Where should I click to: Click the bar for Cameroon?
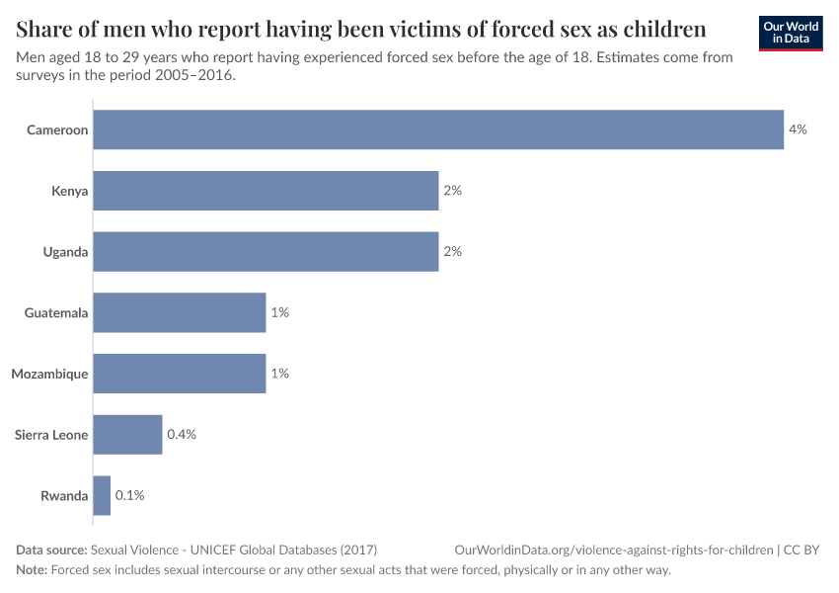[x=438, y=129]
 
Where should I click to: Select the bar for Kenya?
[x=266, y=191]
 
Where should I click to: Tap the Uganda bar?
[x=266, y=252]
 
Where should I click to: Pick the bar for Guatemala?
[x=180, y=312]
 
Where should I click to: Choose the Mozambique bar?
[x=180, y=374]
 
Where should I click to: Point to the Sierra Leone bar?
[x=127, y=435]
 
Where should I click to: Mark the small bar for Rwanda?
[x=102, y=495]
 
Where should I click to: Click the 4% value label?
[x=798, y=129]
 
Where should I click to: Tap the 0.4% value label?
[x=183, y=435]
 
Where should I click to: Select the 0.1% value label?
[x=130, y=495]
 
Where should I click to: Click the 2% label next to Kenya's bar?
[x=452, y=191]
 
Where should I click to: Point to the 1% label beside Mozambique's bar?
[x=279, y=374]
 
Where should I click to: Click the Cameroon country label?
[x=57, y=129]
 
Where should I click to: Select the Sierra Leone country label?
[x=51, y=435]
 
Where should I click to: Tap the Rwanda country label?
[x=64, y=495]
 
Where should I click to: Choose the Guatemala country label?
[x=56, y=312]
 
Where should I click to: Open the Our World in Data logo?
[x=791, y=33]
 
